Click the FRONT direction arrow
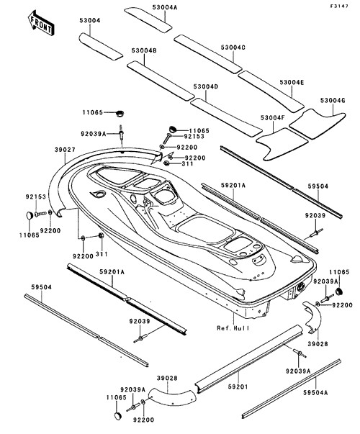(x=41, y=23)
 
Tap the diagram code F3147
(x=338, y=6)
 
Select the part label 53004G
(x=333, y=100)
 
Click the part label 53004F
(x=272, y=117)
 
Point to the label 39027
(x=65, y=150)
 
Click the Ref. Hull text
(x=233, y=328)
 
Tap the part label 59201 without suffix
(x=238, y=386)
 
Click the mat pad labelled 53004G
(x=318, y=124)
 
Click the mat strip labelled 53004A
(x=148, y=20)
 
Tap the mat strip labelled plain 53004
(x=101, y=46)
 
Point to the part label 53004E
(x=292, y=83)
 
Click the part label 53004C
(x=233, y=48)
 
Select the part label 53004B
(x=144, y=50)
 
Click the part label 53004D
(x=206, y=86)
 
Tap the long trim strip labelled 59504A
(x=292, y=389)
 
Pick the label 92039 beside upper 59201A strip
(x=315, y=215)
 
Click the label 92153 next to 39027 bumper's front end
(x=36, y=196)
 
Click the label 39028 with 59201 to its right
(x=167, y=378)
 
